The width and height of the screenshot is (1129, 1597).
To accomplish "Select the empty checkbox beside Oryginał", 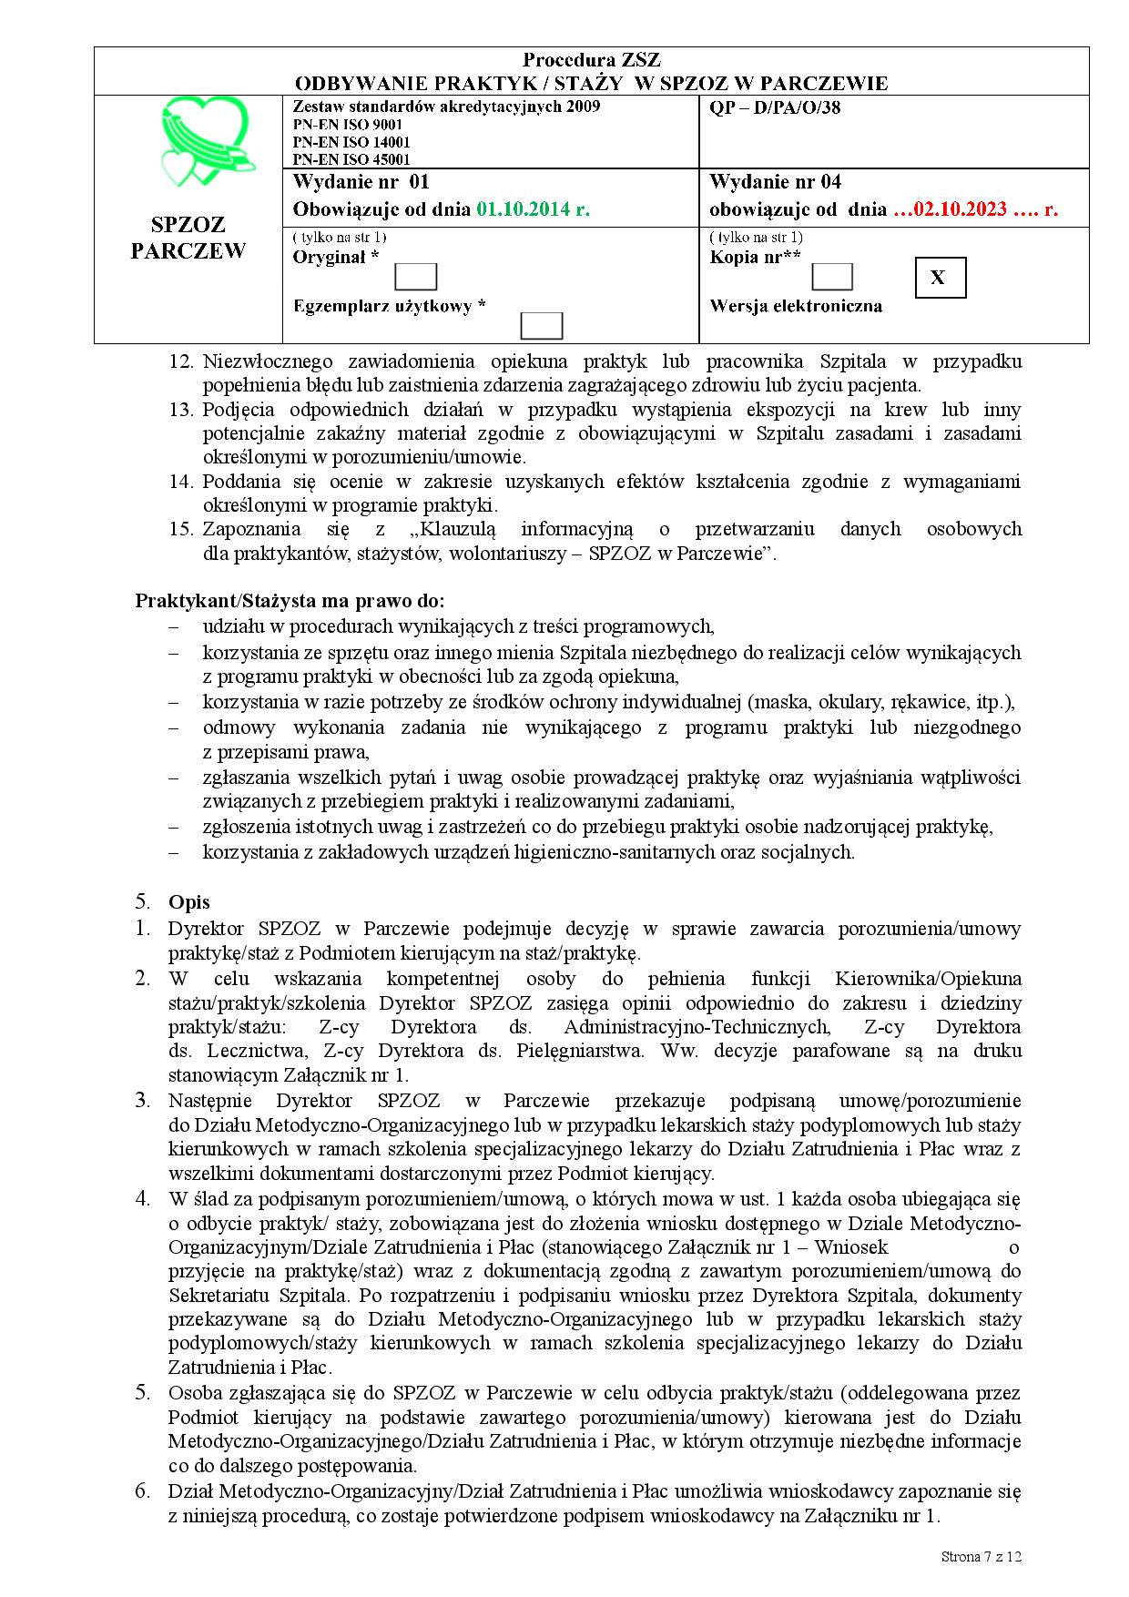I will click(x=416, y=277).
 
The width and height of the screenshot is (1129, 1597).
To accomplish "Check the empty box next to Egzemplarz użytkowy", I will click(x=541, y=325).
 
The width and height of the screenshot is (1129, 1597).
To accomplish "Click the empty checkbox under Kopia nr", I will click(x=831, y=277).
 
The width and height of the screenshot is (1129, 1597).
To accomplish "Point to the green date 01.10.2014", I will click(x=533, y=209).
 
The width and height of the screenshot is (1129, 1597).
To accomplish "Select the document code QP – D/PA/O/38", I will click(x=774, y=108).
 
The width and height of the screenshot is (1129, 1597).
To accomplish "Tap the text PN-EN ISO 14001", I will click(x=351, y=142).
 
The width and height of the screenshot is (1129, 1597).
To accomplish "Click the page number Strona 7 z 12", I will click(x=982, y=1556).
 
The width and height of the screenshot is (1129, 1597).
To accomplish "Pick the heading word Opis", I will click(x=189, y=902).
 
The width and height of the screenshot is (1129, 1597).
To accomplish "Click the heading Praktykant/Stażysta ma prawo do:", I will click(x=290, y=601).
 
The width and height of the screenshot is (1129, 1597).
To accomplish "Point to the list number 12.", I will click(x=181, y=361).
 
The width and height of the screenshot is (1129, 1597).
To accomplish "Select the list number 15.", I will click(x=181, y=529).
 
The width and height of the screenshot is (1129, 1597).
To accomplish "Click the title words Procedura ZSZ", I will click(x=591, y=61).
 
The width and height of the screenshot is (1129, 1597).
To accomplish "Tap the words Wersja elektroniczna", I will click(x=796, y=306).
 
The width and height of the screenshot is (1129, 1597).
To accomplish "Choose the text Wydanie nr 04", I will click(x=775, y=181).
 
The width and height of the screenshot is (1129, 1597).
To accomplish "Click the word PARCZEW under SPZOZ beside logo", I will click(x=188, y=251).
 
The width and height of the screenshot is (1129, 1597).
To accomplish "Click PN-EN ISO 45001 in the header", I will click(x=351, y=159).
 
